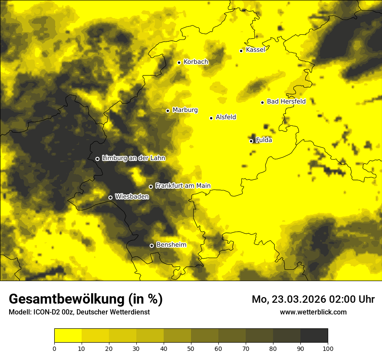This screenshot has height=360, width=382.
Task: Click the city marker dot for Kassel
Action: tap(241, 51)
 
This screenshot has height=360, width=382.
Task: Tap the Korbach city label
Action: tap(196, 62)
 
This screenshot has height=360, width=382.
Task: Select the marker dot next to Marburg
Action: tap(168, 111)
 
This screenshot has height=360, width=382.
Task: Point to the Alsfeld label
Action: tap(226, 117)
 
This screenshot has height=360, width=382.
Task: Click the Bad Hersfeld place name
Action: tap(286, 101)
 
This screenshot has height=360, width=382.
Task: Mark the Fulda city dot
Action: tap(251, 141)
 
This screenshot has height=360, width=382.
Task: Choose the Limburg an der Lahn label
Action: tap(133, 158)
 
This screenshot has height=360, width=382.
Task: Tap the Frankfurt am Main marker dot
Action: tap(151, 187)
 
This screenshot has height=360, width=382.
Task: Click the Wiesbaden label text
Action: tap(132, 196)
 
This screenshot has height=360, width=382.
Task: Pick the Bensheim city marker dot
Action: tap(151, 245)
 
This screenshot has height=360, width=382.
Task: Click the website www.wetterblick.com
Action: tap(313, 312)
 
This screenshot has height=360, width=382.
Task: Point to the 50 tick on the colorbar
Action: tap(191, 348)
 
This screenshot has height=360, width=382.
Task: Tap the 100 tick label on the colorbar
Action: tap(328, 348)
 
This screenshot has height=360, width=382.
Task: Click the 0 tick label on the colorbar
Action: tap(54, 348)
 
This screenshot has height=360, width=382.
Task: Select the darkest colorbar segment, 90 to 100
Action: tap(314, 336)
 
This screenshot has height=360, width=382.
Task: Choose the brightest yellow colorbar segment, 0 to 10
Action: tap(68, 336)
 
